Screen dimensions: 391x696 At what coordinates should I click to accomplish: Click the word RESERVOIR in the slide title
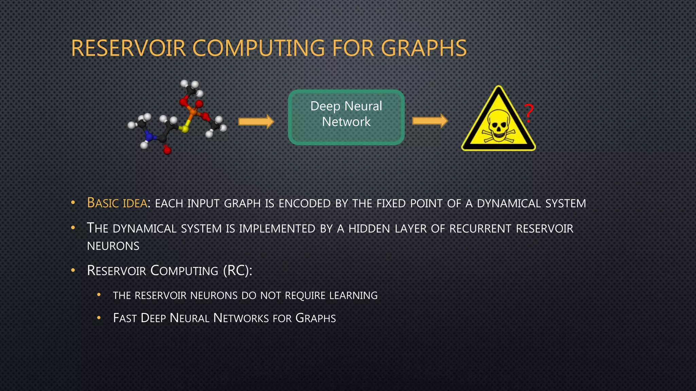click(x=128, y=48)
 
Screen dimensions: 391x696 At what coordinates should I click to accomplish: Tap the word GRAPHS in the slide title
click(x=426, y=48)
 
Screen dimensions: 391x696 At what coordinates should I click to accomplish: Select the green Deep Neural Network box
click(x=346, y=117)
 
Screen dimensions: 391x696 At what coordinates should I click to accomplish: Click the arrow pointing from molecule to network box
click(x=256, y=122)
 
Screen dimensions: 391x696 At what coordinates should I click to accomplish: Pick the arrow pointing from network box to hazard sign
click(x=430, y=121)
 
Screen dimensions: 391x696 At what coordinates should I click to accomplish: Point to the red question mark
click(x=528, y=113)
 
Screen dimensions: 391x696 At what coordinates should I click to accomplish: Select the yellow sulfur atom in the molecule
click(x=185, y=129)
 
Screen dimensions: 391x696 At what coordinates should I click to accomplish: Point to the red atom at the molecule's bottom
click(x=167, y=150)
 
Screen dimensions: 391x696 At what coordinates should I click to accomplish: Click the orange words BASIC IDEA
click(x=117, y=203)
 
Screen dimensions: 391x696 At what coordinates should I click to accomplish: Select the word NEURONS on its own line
click(x=113, y=246)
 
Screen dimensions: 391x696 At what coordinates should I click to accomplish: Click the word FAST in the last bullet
click(x=125, y=318)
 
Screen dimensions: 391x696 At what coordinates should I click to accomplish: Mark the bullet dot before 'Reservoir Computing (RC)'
click(x=73, y=271)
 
